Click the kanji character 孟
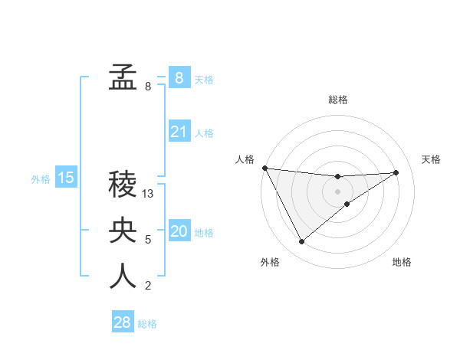point(123,77)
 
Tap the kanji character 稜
point(123,185)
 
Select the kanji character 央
point(123,231)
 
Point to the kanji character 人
point(123,277)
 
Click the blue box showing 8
point(179,77)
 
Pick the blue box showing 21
point(179,132)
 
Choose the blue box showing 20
point(179,231)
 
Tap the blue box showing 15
point(66,178)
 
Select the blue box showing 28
point(123,322)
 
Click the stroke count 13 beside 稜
point(149,195)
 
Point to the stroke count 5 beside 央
point(148,240)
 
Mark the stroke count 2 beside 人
point(148,286)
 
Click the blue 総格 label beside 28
point(147,324)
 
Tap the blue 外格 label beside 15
point(41,179)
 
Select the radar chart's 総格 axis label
point(337,100)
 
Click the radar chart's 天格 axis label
point(432,159)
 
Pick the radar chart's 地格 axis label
point(402,262)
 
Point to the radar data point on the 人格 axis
point(264,168)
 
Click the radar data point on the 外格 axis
point(301,242)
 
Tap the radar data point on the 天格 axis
point(396,172)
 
